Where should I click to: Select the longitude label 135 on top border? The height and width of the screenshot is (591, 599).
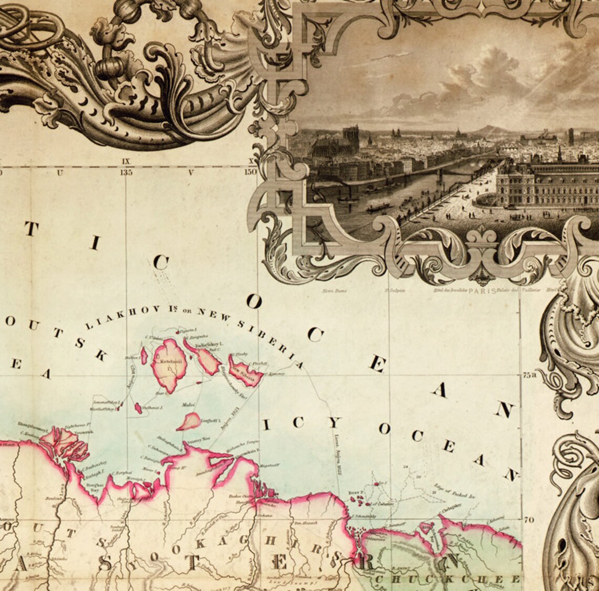(x=126, y=172)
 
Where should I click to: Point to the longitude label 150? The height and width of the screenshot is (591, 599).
(x=250, y=172)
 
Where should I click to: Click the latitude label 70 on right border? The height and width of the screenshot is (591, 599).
(x=529, y=519)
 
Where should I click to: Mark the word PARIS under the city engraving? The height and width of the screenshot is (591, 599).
(x=481, y=289)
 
